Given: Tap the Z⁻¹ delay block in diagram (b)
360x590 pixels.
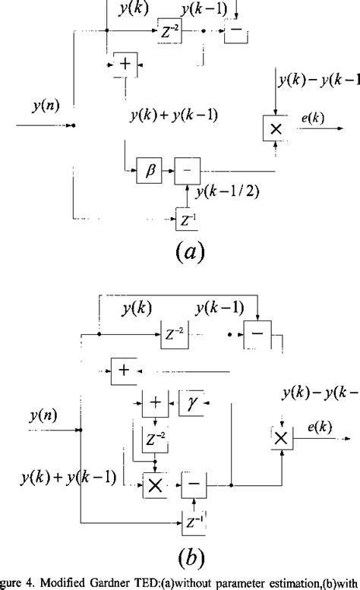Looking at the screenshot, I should point(194,522).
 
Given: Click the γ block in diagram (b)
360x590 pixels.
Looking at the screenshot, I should point(192,401).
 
